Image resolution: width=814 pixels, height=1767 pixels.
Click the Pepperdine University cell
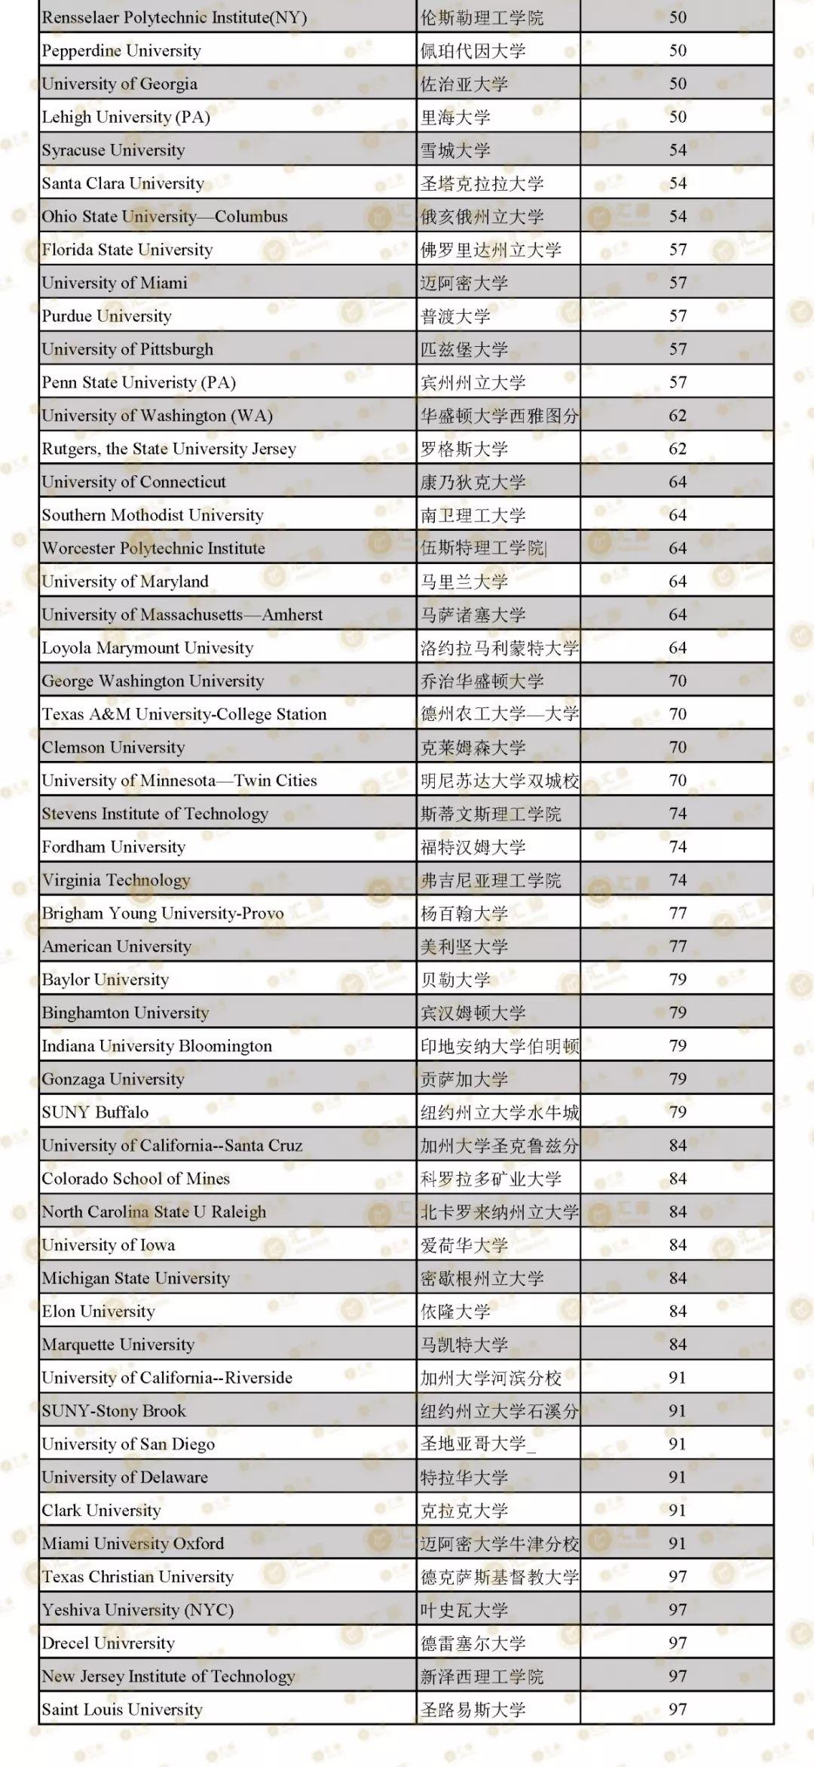coord(121,51)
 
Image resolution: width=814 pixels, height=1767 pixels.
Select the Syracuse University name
coord(113,150)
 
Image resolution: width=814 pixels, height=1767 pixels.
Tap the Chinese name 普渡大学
coord(455,316)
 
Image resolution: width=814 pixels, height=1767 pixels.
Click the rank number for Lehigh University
coord(678,117)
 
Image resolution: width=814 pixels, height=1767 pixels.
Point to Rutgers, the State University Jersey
coord(169,449)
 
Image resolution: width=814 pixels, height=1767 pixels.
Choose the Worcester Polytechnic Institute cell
coord(154,548)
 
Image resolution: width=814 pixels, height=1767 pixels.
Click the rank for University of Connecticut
coord(678,482)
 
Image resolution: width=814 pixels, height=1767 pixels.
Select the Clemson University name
coord(113,747)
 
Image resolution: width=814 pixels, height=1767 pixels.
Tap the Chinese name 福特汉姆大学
coord(473,847)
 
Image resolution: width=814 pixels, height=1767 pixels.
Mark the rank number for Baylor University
coord(678,980)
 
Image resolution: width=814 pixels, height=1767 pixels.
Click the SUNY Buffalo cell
coord(95,1112)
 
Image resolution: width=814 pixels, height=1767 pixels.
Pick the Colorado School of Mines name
coord(136,1179)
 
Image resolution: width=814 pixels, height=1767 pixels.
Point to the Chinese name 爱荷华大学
coord(464,1245)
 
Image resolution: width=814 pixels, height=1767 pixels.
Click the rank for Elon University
coord(678,1311)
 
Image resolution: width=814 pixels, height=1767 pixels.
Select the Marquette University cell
coord(118,1345)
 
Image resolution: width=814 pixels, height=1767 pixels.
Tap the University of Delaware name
coord(125,1477)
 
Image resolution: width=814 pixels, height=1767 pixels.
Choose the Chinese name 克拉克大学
coord(464,1511)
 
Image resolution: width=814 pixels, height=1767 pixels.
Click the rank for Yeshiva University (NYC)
coord(678,1610)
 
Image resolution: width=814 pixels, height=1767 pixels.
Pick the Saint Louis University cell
coord(122,1710)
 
